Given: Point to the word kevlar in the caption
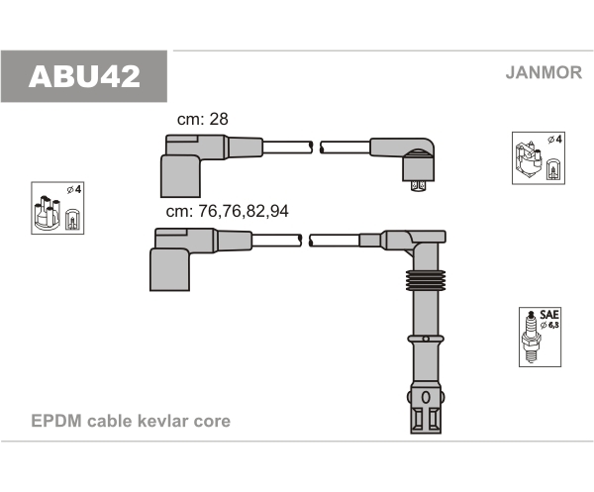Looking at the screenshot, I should point(168,421).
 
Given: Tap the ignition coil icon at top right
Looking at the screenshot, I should point(537,157).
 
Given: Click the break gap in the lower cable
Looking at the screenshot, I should point(306,240).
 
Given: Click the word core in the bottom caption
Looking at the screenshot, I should point(213,421).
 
